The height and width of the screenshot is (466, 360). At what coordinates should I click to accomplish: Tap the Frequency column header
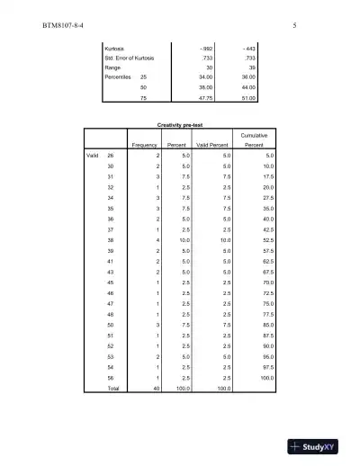coord(145,144)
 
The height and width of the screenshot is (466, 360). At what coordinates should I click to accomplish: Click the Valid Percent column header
coord(213,144)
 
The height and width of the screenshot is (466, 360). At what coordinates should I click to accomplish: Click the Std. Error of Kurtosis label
coord(130,57)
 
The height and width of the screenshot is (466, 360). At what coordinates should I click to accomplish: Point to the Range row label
coord(113,67)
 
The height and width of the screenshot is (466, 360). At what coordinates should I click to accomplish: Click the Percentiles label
coord(121,78)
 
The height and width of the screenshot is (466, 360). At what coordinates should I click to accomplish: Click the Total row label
coord(112,388)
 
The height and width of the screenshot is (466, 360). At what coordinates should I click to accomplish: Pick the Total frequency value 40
coord(157,388)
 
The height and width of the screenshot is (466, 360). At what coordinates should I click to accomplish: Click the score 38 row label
coord(111,239)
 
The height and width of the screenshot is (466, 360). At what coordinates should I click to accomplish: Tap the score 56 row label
coord(111,378)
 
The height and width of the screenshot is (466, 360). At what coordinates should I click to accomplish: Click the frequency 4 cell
coord(157,239)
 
